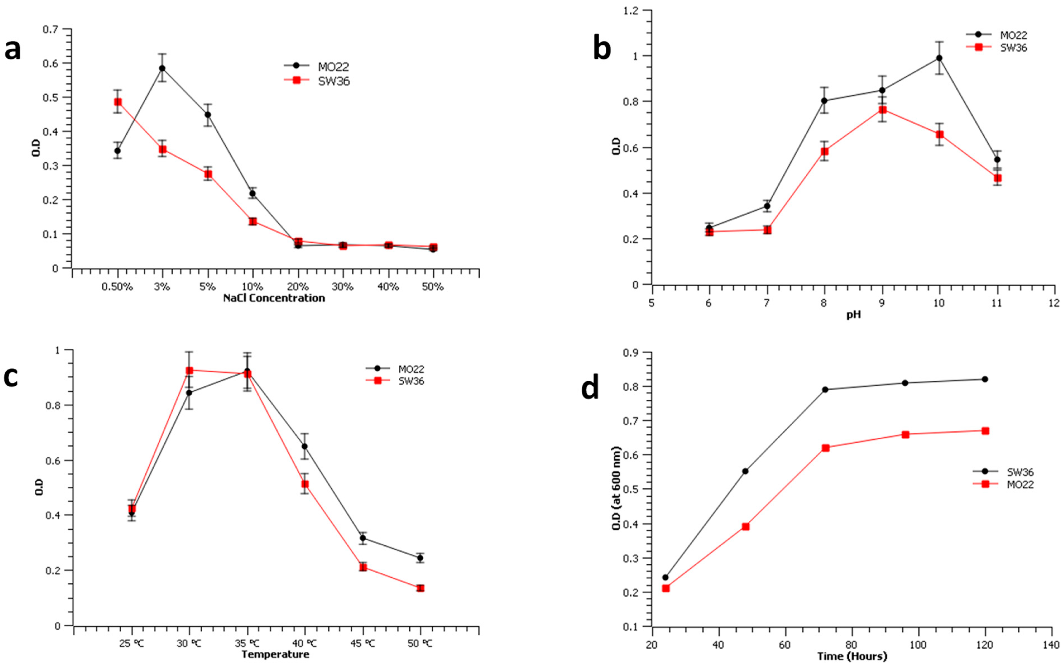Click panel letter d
click(x=590, y=387)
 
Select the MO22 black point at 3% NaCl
click(x=162, y=68)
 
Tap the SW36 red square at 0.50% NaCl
click(x=118, y=102)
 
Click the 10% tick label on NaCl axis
click(x=253, y=287)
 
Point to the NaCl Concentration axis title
click(x=274, y=298)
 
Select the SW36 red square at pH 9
click(x=882, y=110)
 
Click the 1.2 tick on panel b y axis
click(x=633, y=10)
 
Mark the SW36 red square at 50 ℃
click(x=420, y=588)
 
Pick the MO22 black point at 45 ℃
click(x=363, y=538)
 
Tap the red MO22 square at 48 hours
click(x=746, y=526)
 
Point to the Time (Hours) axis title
click(x=852, y=656)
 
